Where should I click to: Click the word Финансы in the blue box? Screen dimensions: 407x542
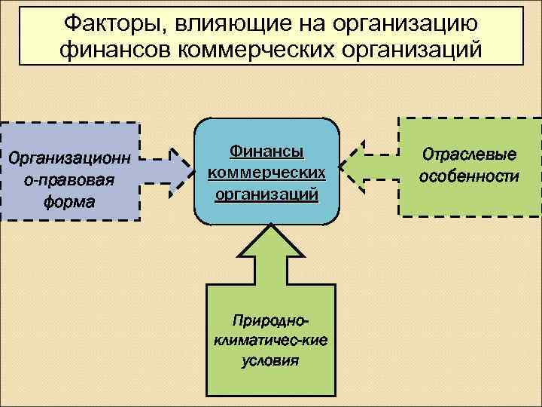266,151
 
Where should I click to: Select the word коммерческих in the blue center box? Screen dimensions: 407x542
266,173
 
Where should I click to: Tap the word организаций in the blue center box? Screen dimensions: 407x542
266,194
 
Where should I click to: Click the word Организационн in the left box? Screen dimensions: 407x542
68,159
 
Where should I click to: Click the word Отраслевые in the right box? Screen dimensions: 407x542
469,155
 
